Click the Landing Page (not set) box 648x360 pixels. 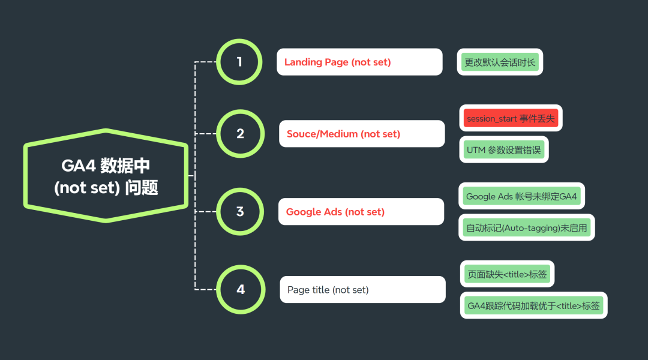point(359,62)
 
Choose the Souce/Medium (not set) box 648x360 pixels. point(362,134)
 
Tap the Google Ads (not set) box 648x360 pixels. point(361,212)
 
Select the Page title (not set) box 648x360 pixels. point(362,289)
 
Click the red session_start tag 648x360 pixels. point(511,118)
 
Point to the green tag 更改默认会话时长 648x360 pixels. point(500,62)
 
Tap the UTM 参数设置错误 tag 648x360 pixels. point(504,149)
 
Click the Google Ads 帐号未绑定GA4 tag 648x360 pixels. point(521,196)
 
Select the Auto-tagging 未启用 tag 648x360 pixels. point(527,227)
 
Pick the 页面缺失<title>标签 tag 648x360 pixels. point(507,274)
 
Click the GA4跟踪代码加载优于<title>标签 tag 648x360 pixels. point(533,305)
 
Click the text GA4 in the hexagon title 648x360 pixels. point(79,166)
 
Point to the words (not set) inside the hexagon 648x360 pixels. point(87,188)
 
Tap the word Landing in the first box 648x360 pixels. point(303,62)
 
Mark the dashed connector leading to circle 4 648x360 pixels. point(205,289)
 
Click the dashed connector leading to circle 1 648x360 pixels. point(205,62)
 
